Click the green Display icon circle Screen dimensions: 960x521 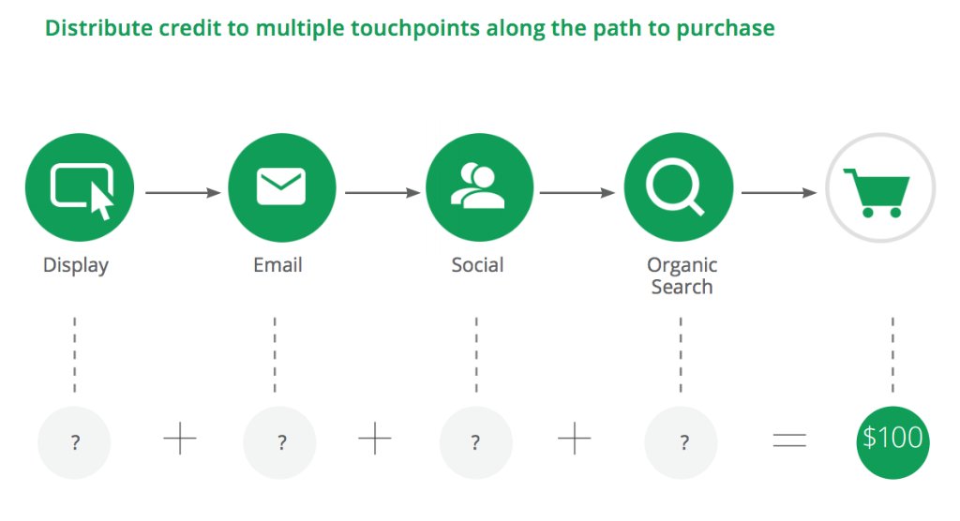pyautogui.click(x=80, y=186)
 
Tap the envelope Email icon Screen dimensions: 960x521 pyautogui.click(x=281, y=186)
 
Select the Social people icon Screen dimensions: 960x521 pyautogui.click(x=479, y=186)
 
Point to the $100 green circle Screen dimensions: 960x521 pyautogui.click(x=892, y=438)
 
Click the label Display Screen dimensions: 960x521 pyautogui.click(x=76, y=265)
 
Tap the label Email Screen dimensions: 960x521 pyautogui.click(x=277, y=265)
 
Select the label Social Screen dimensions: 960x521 pyautogui.click(x=477, y=265)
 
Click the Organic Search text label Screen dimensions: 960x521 pyautogui.click(x=682, y=275)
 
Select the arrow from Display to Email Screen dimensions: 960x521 pyautogui.click(x=183, y=193)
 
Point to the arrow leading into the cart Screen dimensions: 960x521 pyautogui.click(x=779, y=193)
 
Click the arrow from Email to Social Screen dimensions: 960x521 pyautogui.click(x=382, y=193)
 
